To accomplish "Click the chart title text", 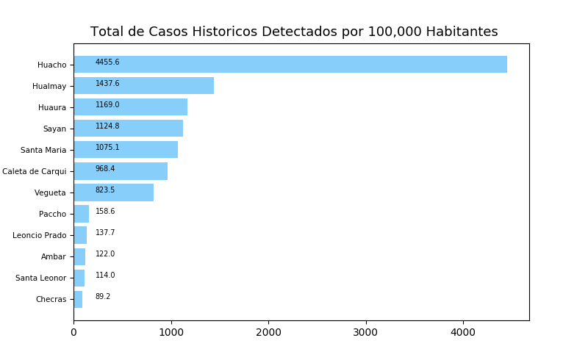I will tap(294, 32).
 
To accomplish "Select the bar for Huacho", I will tap(290, 65).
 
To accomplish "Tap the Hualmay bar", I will tap(143, 86).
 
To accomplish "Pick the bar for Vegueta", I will tap(113, 192).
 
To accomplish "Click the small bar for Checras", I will tap(78, 299).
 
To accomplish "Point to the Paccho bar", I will tap(81, 214).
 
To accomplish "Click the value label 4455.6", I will tap(107, 62).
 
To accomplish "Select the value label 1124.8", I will tap(107, 126).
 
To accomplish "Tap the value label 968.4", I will tap(105, 169).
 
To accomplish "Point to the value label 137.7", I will tap(105, 233).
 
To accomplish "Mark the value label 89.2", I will tap(103, 297).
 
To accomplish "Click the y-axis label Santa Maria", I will tap(43, 150).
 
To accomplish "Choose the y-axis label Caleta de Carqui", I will tap(35, 171).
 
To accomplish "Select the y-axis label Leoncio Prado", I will tap(40, 235).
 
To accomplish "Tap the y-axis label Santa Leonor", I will tap(41, 278).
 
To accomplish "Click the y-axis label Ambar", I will tap(54, 256).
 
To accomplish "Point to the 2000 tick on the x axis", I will tap(268, 332).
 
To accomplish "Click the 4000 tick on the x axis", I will tap(463, 332).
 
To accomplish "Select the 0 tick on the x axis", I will tap(73, 332).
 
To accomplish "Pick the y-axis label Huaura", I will tap(52, 107).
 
